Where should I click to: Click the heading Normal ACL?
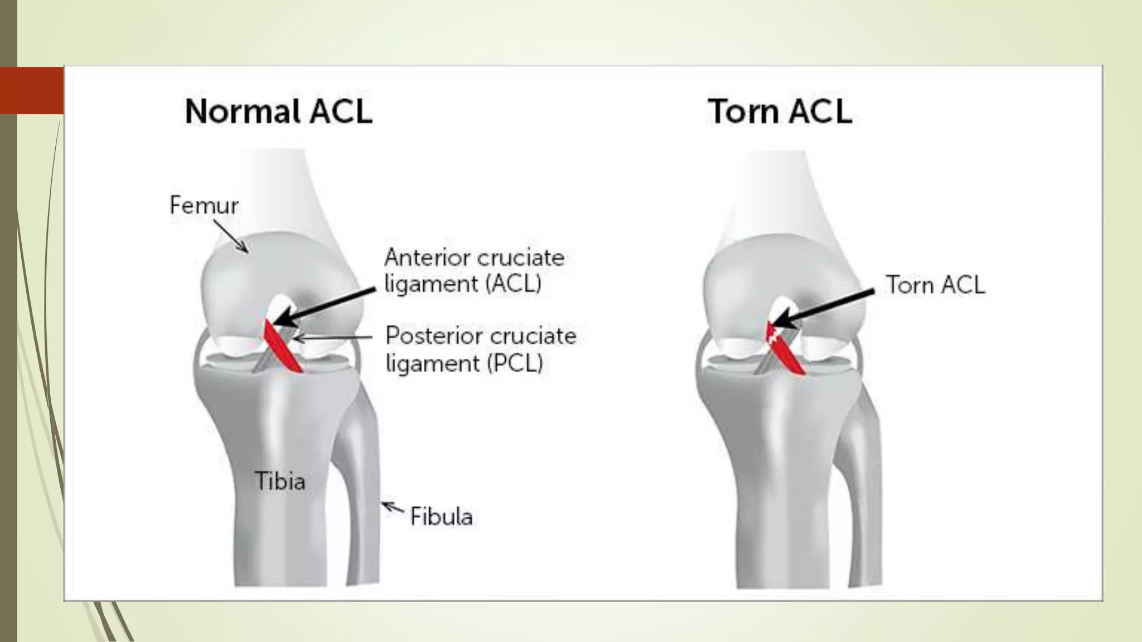click(x=278, y=111)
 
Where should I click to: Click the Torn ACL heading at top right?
click(x=780, y=111)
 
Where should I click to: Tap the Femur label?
click(x=204, y=206)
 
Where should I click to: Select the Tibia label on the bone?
click(x=280, y=480)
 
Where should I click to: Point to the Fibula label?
click(x=441, y=517)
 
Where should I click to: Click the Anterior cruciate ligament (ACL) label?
click(x=474, y=271)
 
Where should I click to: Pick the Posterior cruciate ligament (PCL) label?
click(x=481, y=349)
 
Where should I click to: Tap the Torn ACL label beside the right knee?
click(x=935, y=285)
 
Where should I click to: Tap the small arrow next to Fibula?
click(x=392, y=508)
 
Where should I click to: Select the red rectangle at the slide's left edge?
click(x=32, y=90)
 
